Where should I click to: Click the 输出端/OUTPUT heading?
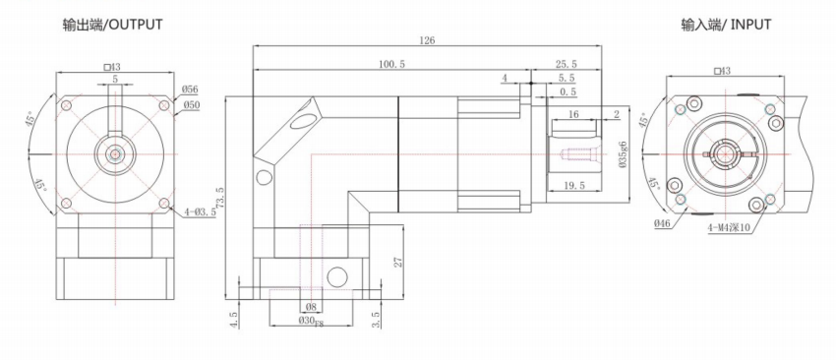tap(112, 25)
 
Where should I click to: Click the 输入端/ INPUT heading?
tap(725, 25)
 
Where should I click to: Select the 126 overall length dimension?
tap(428, 40)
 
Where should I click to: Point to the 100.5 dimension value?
tap(391, 64)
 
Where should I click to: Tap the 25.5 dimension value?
tap(567, 64)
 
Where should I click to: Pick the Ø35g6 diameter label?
tap(623, 155)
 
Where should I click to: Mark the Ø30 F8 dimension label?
tap(311, 321)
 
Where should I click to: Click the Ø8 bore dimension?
tap(312, 307)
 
